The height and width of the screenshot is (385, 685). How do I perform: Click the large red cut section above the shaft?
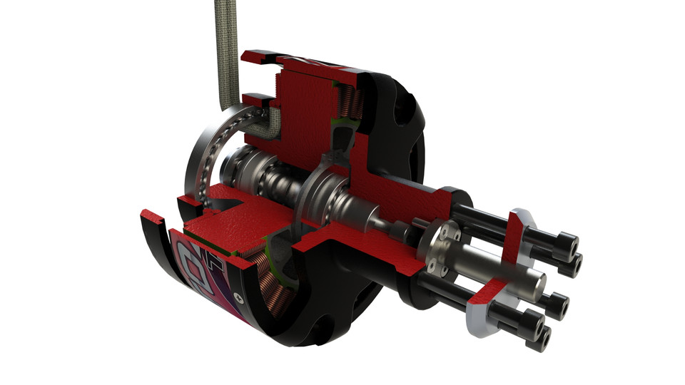[303, 107]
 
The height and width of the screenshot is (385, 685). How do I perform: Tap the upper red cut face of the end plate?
[515, 239]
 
